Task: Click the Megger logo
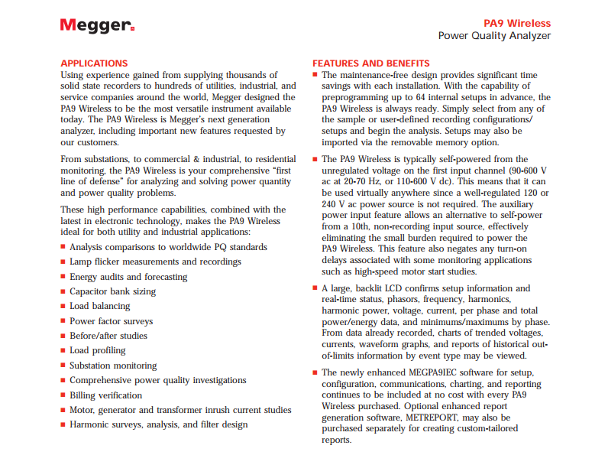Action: click(x=97, y=25)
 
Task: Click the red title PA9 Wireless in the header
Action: click(x=517, y=24)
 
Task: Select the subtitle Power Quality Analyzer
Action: click(x=493, y=36)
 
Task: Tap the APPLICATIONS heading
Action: click(x=94, y=63)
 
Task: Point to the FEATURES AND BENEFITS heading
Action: click(x=371, y=63)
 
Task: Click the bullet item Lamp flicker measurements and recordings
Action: click(x=155, y=262)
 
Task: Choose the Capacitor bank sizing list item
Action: click(x=112, y=291)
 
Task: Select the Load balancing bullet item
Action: click(x=100, y=306)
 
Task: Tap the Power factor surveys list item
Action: click(x=111, y=321)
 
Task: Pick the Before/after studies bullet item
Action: click(x=108, y=336)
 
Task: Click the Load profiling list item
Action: click(x=97, y=350)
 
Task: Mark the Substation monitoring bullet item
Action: click(x=113, y=366)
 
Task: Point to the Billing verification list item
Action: click(x=105, y=395)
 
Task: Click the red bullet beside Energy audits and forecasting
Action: click(x=63, y=277)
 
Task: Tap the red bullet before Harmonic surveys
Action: click(x=63, y=425)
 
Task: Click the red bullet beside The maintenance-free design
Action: click(x=315, y=76)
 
